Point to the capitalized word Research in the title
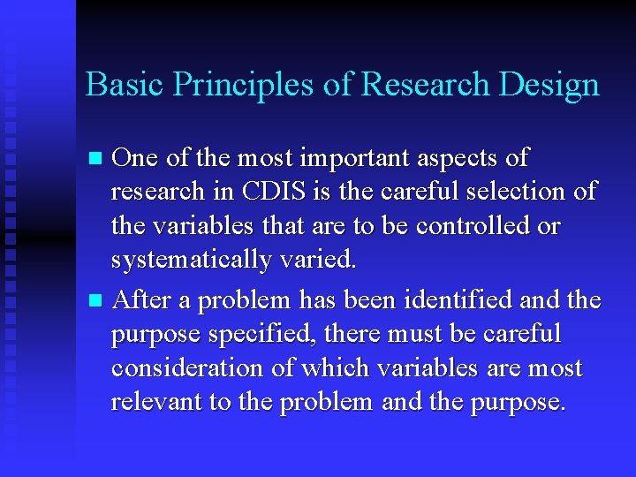(414, 85)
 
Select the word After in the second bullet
(143, 300)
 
